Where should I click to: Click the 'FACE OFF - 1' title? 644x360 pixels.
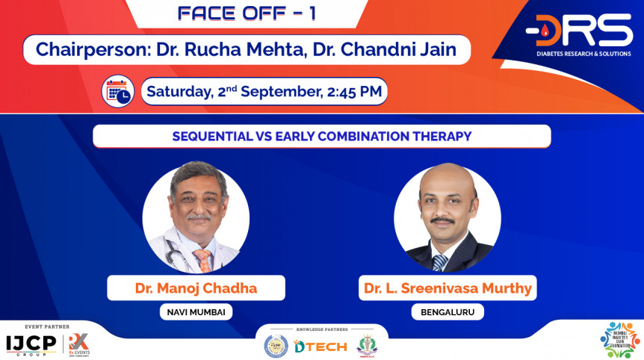click(247, 13)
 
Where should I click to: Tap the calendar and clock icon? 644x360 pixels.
click(118, 92)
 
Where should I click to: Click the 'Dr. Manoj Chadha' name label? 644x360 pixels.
click(195, 288)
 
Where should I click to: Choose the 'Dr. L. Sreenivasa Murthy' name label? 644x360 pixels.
click(447, 288)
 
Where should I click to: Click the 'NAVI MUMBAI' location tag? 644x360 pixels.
click(195, 312)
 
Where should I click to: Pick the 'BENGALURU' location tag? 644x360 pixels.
click(447, 312)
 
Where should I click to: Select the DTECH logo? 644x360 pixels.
click(320, 346)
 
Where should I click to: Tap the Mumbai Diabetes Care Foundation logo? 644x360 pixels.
click(620, 340)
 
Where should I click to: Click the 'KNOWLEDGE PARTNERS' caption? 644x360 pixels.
click(322, 329)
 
